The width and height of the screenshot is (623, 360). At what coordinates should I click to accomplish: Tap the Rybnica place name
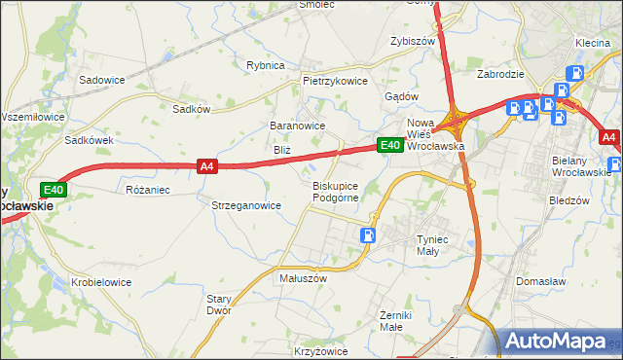(265, 65)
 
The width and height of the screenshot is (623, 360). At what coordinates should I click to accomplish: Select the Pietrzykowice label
(335, 82)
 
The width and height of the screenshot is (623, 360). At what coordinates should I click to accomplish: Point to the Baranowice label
(297, 126)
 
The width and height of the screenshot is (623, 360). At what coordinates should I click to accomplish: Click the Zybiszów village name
(411, 42)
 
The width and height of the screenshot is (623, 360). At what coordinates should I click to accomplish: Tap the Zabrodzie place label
(501, 74)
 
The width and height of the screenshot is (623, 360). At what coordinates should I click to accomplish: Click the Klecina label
(592, 44)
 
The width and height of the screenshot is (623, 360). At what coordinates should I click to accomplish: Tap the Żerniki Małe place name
(397, 321)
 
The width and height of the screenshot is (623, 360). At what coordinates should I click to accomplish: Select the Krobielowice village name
(101, 282)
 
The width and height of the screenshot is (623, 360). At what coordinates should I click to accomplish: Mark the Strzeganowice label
(246, 205)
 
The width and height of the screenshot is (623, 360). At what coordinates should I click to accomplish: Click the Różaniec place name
(148, 190)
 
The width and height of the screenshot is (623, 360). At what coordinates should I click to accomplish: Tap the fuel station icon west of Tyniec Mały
(368, 234)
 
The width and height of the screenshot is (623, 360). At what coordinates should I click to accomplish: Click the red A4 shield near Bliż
(205, 166)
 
